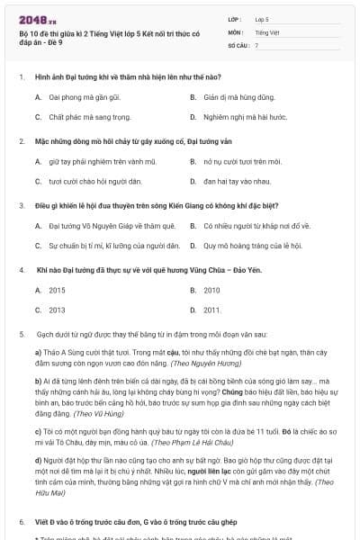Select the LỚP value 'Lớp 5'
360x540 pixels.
click(x=262, y=18)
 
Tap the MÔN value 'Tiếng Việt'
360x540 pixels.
click(x=266, y=31)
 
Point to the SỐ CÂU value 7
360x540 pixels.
click(x=256, y=44)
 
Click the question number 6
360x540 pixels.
click(x=21, y=521)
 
